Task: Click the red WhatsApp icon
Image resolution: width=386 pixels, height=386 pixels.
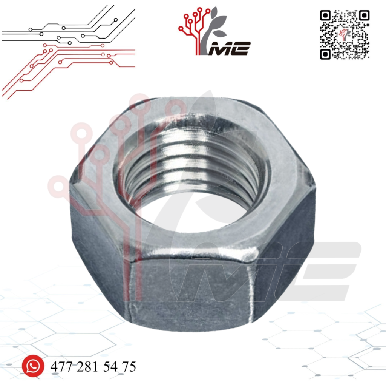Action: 33,366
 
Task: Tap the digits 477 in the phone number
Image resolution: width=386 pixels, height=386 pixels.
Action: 61,366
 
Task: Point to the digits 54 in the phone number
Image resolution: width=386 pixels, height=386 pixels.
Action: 110,366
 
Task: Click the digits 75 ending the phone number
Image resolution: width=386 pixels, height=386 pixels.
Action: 129,366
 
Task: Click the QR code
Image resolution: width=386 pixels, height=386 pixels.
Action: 345,35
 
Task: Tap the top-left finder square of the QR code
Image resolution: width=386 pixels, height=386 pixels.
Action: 325,15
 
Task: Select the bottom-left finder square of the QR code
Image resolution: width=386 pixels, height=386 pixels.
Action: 325,54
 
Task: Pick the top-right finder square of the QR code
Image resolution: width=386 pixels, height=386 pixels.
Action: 365,15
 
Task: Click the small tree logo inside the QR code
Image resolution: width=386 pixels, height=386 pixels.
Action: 345,34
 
